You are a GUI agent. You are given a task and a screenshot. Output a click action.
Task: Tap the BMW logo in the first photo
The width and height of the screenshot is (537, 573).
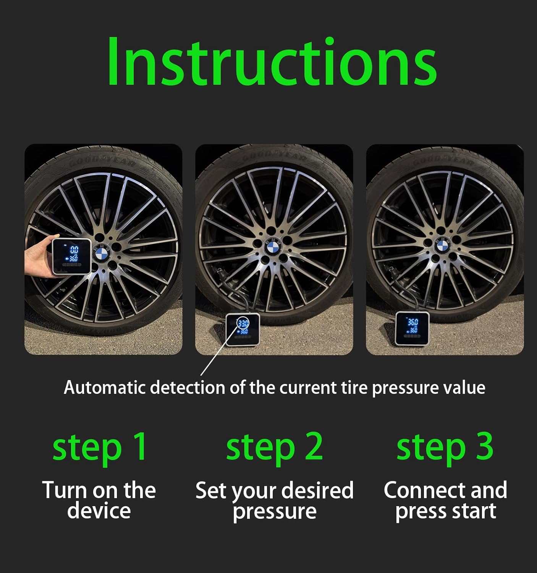[102, 253]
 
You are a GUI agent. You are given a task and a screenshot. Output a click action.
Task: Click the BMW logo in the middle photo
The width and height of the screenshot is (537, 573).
[273, 248]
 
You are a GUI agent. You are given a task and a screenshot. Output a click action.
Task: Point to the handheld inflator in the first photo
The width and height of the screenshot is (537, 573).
[71, 256]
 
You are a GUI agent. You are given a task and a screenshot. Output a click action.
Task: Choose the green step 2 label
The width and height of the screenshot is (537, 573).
[274, 447]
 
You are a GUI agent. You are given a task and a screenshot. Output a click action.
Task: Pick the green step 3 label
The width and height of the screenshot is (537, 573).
[445, 447]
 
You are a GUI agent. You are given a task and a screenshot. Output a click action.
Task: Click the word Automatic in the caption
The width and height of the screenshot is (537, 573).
[105, 387]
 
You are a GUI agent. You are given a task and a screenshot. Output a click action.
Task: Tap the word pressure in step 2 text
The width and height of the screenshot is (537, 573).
[274, 511]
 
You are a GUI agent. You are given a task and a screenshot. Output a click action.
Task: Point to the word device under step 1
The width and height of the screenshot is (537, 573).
[99, 511]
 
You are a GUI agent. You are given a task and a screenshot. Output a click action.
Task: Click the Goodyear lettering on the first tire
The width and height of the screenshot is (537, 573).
[102, 162]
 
